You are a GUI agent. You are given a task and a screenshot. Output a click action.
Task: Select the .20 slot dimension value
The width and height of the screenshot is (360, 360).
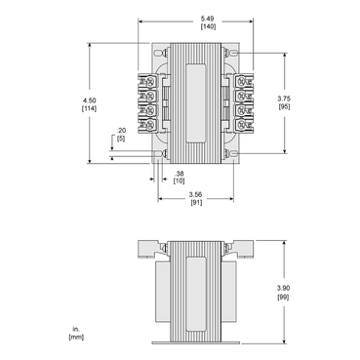click(121, 131)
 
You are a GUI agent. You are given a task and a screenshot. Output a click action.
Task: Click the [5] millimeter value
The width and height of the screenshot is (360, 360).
click(121, 140)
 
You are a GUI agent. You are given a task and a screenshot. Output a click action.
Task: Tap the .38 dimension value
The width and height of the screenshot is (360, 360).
click(179, 175)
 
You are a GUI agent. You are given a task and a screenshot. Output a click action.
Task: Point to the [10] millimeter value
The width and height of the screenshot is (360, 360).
click(179, 183)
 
